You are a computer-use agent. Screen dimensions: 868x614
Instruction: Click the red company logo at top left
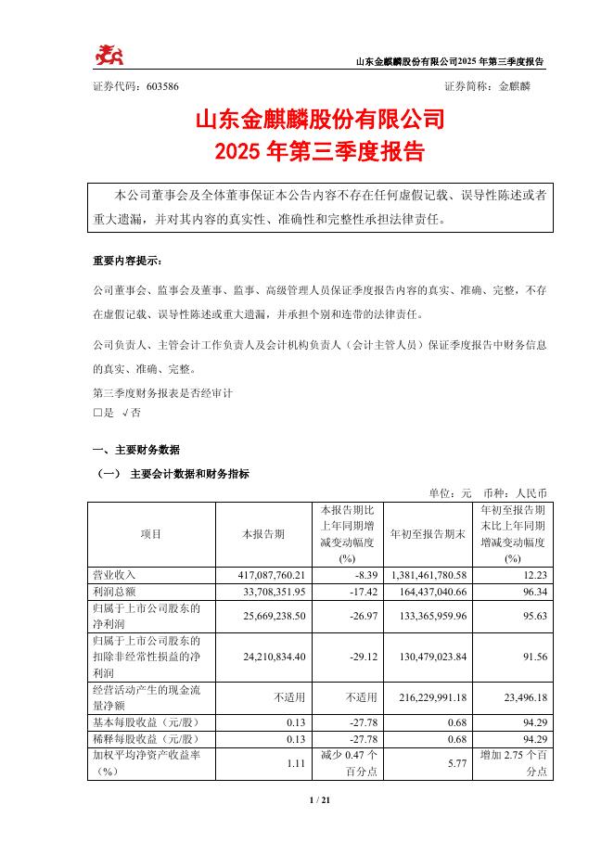109,57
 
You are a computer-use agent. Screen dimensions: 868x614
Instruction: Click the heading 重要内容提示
126,261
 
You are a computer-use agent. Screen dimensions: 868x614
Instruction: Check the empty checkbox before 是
98,412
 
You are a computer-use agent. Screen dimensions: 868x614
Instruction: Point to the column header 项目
151,534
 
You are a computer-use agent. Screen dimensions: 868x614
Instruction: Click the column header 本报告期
263,534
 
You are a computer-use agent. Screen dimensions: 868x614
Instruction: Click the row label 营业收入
114,576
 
